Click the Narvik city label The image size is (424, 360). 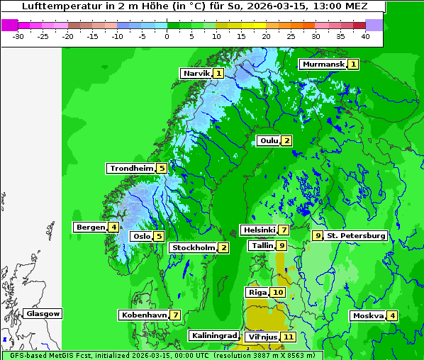pos(196,73)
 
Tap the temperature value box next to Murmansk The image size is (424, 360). pos(353,64)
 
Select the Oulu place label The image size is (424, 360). pos(269,140)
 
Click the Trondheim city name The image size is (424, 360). pos(131,169)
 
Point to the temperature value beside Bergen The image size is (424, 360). pos(113,227)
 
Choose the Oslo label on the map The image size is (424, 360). pos(142,236)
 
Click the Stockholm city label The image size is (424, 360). pos(193,247)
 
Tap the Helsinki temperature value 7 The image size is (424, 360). pos(284,230)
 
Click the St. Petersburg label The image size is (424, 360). pos(356,235)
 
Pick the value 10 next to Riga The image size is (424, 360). pos(277,292)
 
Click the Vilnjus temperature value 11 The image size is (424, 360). pos(288,337)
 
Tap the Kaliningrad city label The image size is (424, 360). pos(213,335)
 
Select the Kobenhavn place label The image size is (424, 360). pos(144,315)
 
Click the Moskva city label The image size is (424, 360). pos(368,315)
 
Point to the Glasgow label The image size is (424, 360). pos(43,313)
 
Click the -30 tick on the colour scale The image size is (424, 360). pos(19,35)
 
